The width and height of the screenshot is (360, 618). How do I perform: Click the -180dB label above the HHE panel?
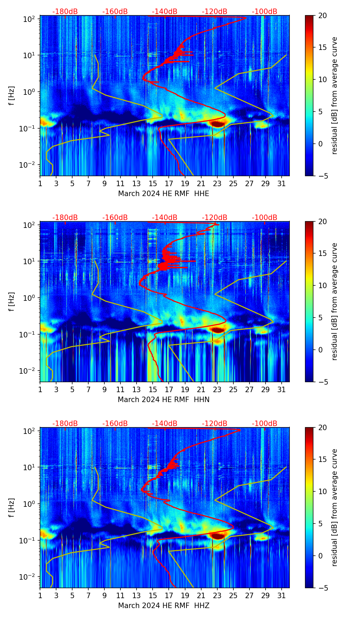[x=65, y=12]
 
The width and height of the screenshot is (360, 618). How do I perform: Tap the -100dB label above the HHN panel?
[x=265, y=218]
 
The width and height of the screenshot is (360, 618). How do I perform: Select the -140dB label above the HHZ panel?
[x=165, y=424]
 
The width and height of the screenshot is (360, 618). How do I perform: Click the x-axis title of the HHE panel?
[x=164, y=193]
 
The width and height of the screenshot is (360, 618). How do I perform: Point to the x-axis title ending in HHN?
[x=164, y=399]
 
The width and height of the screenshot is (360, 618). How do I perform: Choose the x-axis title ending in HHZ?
[x=164, y=605]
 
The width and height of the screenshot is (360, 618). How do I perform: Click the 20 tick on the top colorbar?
[x=322, y=15]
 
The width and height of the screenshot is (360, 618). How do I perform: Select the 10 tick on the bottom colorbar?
[x=322, y=491]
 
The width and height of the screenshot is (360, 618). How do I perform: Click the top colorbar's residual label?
[x=334, y=95]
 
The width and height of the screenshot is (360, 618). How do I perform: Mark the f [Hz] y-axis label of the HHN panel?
[x=12, y=301]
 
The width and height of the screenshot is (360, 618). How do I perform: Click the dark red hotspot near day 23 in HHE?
[x=218, y=124]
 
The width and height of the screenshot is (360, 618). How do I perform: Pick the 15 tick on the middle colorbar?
[x=322, y=254]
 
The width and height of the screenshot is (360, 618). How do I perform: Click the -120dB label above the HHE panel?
[x=215, y=12]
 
